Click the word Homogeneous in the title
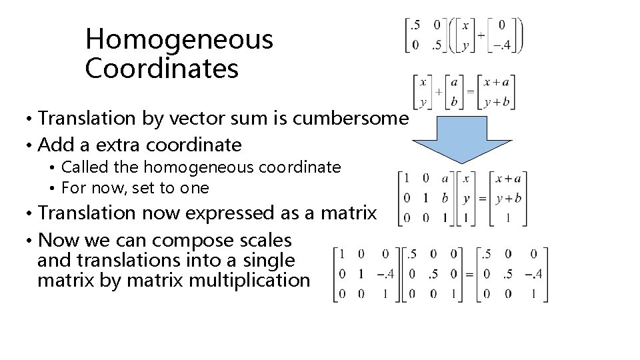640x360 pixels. point(179,40)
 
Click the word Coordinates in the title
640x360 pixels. point(161,69)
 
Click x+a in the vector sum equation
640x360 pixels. point(496,83)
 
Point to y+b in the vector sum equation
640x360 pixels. point(496,102)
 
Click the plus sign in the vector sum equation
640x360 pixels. point(439,91)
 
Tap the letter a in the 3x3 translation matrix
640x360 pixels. point(444,178)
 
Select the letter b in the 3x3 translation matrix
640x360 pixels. point(444,198)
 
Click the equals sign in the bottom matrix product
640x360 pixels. point(469,274)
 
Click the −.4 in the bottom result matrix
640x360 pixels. point(533,274)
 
